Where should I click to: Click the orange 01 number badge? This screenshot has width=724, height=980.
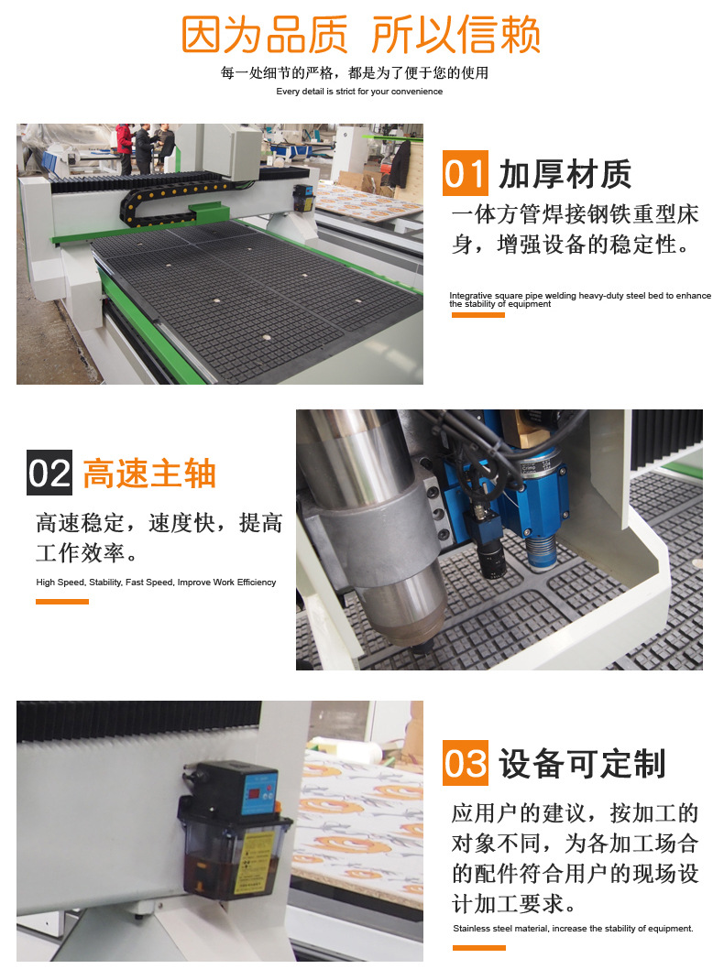(x=466, y=173)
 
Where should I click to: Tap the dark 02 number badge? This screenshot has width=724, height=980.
(x=49, y=473)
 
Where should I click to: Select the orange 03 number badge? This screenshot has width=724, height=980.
(x=466, y=763)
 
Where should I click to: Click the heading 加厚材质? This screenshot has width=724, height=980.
(x=565, y=174)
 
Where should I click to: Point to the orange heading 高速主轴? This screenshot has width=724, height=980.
(x=149, y=474)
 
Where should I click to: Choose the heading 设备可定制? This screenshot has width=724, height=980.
(x=582, y=764)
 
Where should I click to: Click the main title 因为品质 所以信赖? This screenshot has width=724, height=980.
(x=361, y=35)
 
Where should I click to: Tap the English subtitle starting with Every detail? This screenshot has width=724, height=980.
(x=359, y=92)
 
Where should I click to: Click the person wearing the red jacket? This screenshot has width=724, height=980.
(x=125, y=147)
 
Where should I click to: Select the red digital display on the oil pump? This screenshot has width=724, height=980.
(x=256, y=792)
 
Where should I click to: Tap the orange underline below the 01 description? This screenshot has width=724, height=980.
(x=477, y=315)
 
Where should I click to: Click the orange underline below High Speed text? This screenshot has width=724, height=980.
(x=62, y=601)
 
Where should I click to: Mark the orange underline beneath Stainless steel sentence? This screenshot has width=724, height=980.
(x=479, y=948)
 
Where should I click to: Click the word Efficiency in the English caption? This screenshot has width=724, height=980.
(x=257, y=583)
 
